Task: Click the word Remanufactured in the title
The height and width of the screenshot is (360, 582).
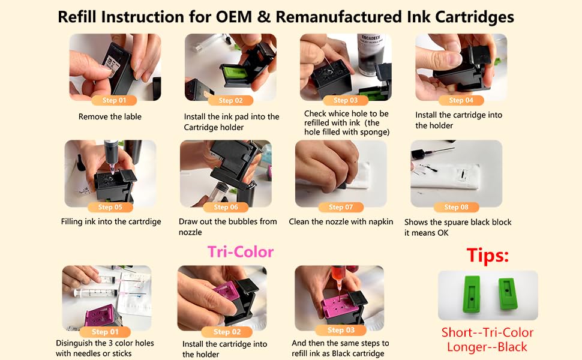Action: (339, 17)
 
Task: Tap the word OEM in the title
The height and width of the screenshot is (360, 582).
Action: (234, 17)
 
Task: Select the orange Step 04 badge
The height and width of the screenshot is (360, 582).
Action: (461, 100)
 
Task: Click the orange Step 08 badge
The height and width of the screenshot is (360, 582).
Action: (456, 207)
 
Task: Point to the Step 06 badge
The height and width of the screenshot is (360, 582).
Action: (226, 207)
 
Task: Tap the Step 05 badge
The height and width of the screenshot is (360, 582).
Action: (110, 207)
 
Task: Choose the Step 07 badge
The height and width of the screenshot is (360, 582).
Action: (341, 207)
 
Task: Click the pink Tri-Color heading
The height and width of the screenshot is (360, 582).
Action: (241, 252)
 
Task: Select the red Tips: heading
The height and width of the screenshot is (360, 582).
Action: (487, 256)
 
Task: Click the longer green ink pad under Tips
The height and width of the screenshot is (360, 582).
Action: (472, 293)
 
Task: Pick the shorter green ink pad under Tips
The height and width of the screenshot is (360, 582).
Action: (508, 293)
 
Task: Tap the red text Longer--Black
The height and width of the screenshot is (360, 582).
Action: (487, 347)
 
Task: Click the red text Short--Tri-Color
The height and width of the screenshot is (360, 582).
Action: (487, 332)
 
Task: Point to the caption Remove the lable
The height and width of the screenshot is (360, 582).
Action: (110, 116)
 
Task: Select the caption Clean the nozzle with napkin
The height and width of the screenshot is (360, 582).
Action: (341, 221)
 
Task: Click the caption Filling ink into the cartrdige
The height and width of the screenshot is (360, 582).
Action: (111, 221)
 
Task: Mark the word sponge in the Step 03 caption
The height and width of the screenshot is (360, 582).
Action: (375, 132)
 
